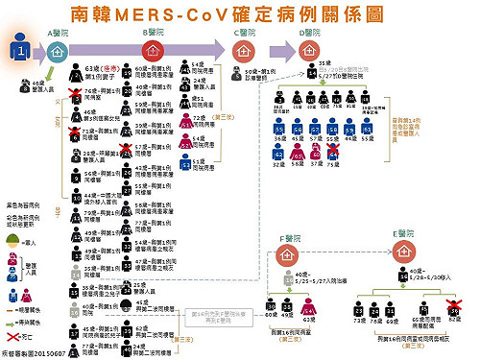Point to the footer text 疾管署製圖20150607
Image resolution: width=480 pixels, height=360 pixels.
click(34, 352)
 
